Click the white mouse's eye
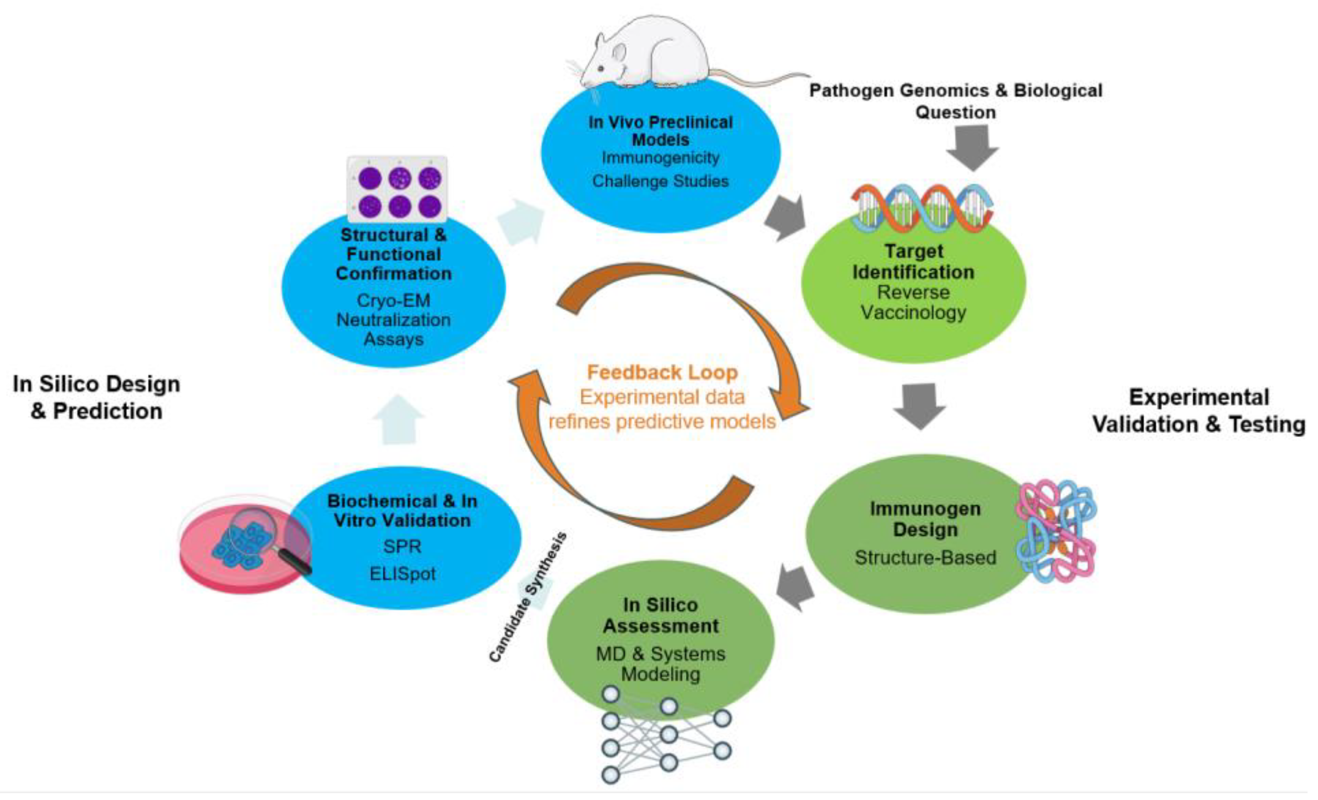click(601, 69)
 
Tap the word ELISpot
click(402, 574)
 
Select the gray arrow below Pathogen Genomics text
click(972, 147)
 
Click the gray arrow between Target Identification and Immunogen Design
click(920, 405)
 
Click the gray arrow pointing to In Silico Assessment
click(795, 588)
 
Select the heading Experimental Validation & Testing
click(1198, 411)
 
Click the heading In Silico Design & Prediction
click(96, 397)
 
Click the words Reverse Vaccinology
click(913, 302)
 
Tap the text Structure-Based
click(925, 557)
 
